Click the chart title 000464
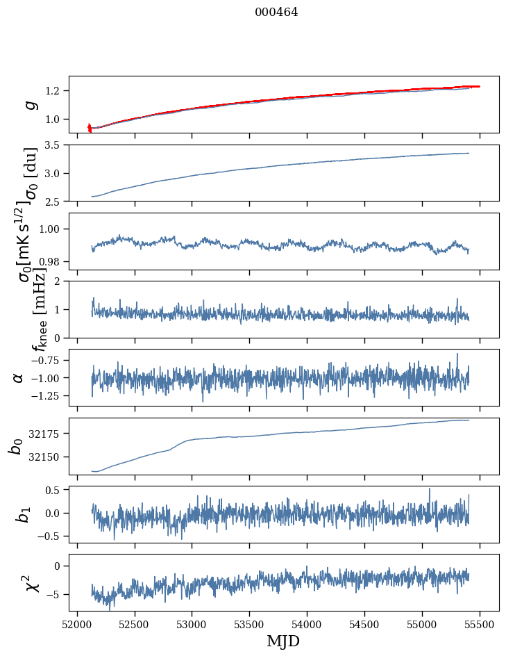coord(276,12)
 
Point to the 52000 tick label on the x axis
coord(77,624)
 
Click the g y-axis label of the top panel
coord(30,104)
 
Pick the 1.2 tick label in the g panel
coord(55,91)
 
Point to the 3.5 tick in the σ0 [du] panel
coord(55,145)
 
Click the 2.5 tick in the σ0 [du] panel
coord(55,202)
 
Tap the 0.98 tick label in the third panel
coord(52,261)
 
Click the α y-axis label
coord(18,377)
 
